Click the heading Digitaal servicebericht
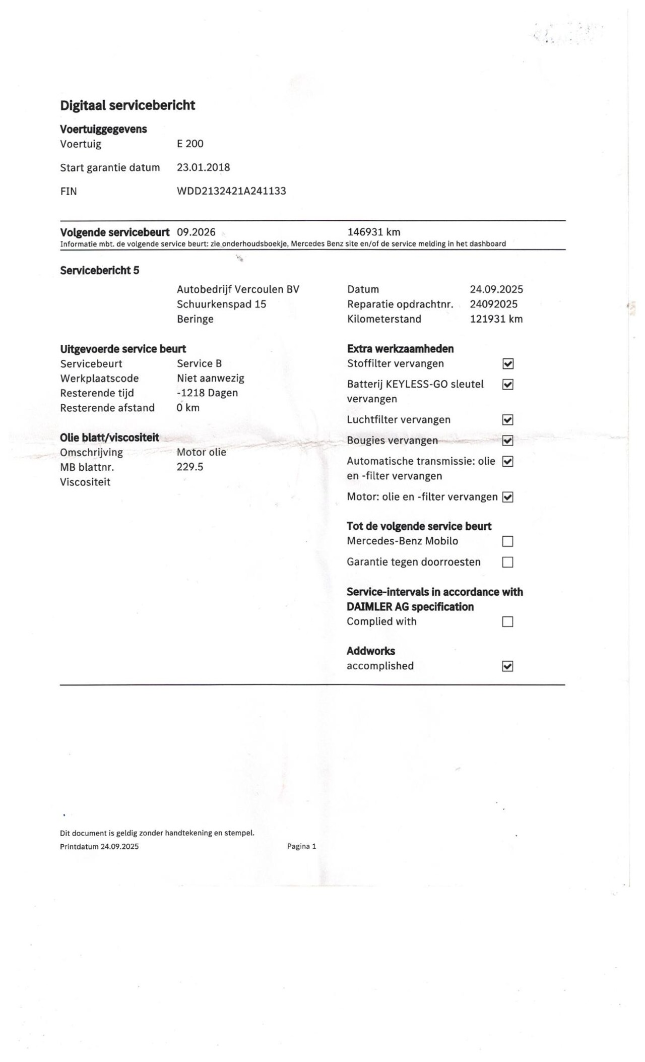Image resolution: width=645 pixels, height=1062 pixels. click(x=127, y=105)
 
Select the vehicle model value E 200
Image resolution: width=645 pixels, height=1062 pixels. click(x=190, y=144)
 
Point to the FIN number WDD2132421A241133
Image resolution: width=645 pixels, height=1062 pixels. click(x=231, y=191)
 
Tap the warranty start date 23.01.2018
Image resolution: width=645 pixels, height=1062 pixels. click(x=203, y=167)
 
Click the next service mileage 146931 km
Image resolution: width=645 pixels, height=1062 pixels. click(x=374, y=232)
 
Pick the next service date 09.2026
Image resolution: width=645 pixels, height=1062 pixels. click(x=196, y=232)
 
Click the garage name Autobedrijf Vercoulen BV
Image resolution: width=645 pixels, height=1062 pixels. click(x=238, y=289)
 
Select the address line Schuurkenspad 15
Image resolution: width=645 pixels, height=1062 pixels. click(x=221, y=304)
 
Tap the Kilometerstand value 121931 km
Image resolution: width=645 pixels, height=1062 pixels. click(x=496, y=319)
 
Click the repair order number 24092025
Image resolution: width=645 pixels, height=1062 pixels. click(x=493, y=304)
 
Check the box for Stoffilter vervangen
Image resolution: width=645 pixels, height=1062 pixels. click(x=508, y=364)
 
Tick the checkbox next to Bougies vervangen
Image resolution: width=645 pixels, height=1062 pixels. click(x=508, y=441)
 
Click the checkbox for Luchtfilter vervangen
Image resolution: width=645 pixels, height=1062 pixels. click(x=508, y=420)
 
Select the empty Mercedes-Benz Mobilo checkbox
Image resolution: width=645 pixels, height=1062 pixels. click(x=508, y=541)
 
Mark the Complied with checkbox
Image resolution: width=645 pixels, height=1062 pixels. click(x=508, y=621)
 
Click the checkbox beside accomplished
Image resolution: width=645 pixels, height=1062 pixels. click(x=508, y=666)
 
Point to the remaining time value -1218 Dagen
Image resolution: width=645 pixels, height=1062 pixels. click(x=207, y=393)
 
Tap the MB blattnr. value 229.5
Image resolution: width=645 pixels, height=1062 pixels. click(x=190, y=467)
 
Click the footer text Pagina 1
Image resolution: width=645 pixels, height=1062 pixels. click(x=301, y=846)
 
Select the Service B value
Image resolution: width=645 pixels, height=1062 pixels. click(x=199, y=363)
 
